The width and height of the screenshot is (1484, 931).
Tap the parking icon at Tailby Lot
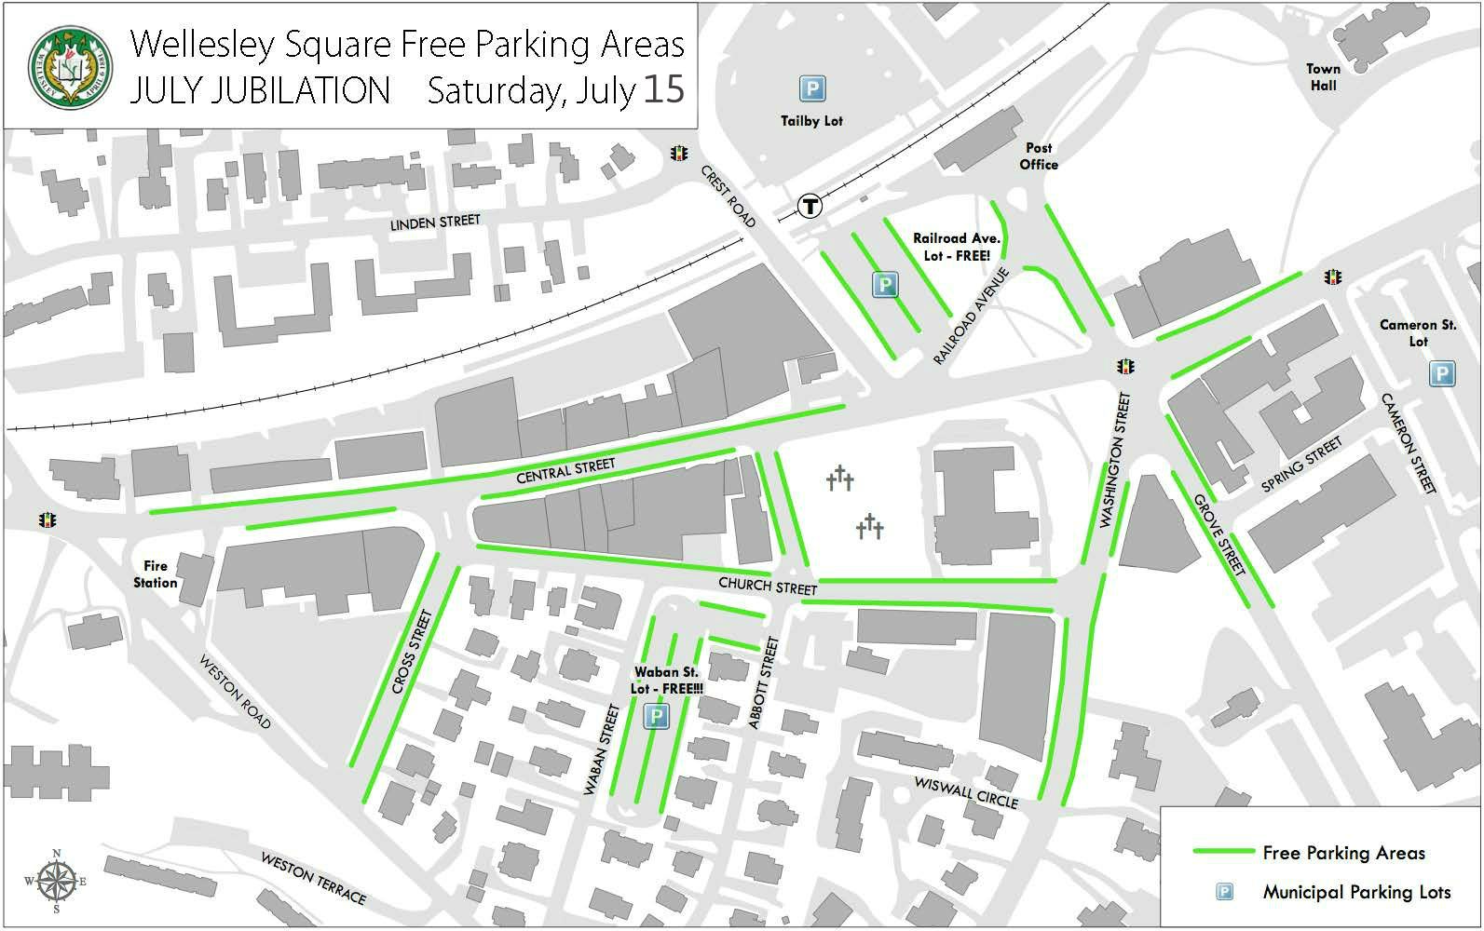tap(811, 88)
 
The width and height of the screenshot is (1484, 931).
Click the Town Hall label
tap(1323, 77)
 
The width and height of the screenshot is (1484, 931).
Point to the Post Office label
tap(1039, 155)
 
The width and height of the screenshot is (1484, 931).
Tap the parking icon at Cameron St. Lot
tap(1441, 374)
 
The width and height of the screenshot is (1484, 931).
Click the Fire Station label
tap(156, 573)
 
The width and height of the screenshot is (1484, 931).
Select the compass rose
tap(57, 880)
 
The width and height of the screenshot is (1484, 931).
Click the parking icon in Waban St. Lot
tap(657, 716)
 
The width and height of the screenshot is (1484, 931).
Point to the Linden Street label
tap(435, 223)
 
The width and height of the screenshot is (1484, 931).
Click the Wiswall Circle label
tap(966, 792)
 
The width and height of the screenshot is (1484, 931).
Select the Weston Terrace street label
tap(313, 878)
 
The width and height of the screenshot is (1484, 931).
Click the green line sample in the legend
tap(1223, 852)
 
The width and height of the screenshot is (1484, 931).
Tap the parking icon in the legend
tap(1225, 892)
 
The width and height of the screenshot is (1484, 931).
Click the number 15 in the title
tap(663, 89)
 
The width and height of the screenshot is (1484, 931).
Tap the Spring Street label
tap(1301, 465)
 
